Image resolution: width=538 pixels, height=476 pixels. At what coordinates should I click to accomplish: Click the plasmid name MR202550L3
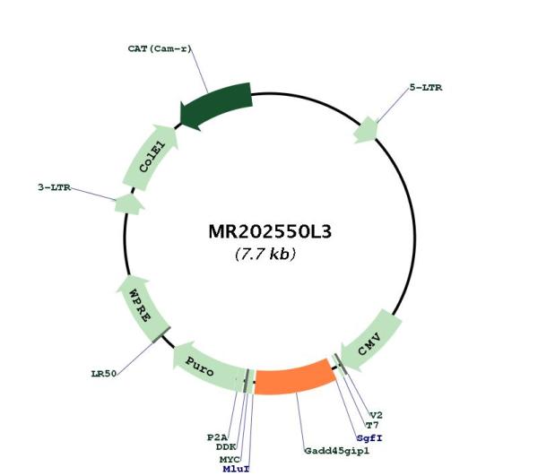tap(270, 231)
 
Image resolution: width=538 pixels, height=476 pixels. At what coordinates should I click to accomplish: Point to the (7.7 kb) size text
tap(265, 254)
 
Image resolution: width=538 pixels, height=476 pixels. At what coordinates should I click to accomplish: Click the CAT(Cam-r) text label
tap(160, 48)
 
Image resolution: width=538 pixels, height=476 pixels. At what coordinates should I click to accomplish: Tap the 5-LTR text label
tap(426, 88)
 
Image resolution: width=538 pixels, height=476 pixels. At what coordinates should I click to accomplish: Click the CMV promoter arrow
tap(370, 342)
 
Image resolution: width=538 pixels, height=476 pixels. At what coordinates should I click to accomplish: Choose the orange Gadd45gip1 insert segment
tap(294, 376)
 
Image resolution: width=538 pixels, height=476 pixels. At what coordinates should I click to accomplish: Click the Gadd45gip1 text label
tap(337, 451)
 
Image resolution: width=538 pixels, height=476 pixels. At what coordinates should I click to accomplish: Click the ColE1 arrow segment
tap(151, 157)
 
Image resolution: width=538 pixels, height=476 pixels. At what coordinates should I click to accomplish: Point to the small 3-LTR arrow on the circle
tap(129, 204)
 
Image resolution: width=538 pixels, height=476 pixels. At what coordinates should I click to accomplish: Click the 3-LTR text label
tap(54, 187)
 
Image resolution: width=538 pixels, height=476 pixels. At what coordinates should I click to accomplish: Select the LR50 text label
tap(104, 374)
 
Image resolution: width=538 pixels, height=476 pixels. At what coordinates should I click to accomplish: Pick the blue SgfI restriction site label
tap(369, 438)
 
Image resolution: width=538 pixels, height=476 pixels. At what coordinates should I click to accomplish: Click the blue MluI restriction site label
tap(236, 469)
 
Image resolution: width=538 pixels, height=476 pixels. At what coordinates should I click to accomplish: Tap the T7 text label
tap(372, 426)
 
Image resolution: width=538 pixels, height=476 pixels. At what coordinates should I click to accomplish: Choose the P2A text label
tap(217, 437)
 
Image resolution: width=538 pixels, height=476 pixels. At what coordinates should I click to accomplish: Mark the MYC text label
tap(230, 460)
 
